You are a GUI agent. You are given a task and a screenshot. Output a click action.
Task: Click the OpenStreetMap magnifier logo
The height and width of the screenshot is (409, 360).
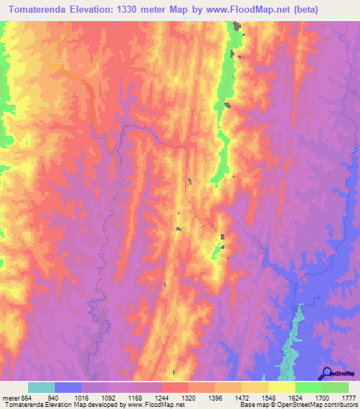[328, 373]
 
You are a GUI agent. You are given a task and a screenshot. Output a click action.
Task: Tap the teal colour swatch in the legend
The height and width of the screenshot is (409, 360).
[41, 387]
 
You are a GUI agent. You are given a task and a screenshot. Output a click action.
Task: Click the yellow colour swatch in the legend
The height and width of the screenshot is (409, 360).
[281, 387]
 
